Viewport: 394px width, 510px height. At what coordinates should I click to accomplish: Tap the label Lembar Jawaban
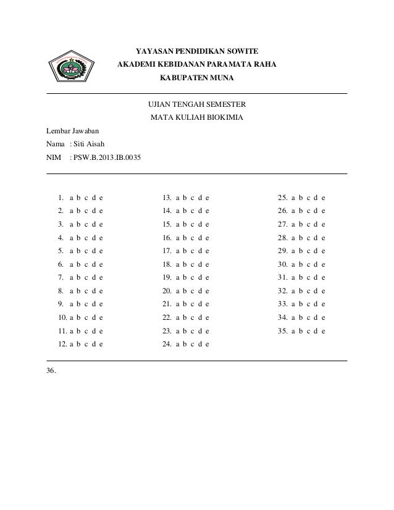pyautogui.click(x=68, y=131)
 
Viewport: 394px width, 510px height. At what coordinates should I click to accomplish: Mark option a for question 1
pyautogui.click(x=72, y=198)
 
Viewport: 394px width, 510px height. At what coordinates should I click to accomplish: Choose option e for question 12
pyautogui.click(x=101, y=345)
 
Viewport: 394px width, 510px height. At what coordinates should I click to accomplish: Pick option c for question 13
pyautogui.click(x=192, y=198)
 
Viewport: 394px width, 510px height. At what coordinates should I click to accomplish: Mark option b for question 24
pyautogui.click(x=185, y=345)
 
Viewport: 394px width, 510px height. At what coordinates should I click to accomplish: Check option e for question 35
pyautogui.click(x=323, y=331)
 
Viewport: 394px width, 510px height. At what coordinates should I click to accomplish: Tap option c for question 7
pyautogui.click(x=86, y=278)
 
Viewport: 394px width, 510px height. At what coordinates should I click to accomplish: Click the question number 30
pyautogui.click(x=282, y=264)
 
